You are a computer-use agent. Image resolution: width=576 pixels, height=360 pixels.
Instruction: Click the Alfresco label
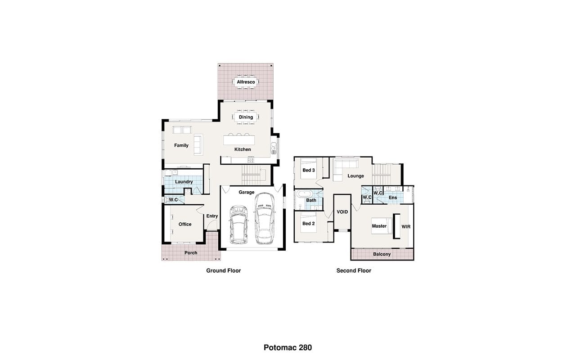[x=246, y=82]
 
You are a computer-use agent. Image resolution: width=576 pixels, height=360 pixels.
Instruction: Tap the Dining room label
[x=246, y=117]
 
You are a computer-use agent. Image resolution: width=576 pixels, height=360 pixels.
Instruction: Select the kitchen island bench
[x=239, y=140]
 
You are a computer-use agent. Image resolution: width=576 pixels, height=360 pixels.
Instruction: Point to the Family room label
[x=181, y=145]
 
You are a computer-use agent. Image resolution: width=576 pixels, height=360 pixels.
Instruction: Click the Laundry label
[x=184, y=182]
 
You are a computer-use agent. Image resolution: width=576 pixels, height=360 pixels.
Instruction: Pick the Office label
[x=185, y=224]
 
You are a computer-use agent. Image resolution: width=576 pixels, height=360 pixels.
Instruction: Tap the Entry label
[x=212, y=216]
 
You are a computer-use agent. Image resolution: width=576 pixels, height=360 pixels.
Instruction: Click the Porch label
[x=191, y=253]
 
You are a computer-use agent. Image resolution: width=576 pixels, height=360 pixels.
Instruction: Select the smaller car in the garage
[x=238, y=225]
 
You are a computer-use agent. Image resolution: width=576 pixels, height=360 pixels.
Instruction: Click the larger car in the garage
[x=265, y=219]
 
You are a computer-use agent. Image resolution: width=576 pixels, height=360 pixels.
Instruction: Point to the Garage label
[x=246, y=192]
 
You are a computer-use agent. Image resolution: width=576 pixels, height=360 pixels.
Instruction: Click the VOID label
[x=342, y=212]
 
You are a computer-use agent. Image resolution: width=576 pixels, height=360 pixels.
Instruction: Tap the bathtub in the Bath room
[x=305, y=194]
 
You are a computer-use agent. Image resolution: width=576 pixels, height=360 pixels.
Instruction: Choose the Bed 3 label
[x=309, y=170]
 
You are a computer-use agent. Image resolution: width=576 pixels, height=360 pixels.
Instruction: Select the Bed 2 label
[x=309, y=224]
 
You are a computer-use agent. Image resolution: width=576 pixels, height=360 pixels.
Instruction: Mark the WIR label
[x=406, y=227]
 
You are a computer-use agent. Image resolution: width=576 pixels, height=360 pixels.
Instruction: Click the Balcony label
[x=382, y=254]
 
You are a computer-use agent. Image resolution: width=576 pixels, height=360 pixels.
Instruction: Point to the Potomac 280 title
[x=288, y=348]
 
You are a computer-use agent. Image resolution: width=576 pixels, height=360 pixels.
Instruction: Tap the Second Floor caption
[x=354, y=270]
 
